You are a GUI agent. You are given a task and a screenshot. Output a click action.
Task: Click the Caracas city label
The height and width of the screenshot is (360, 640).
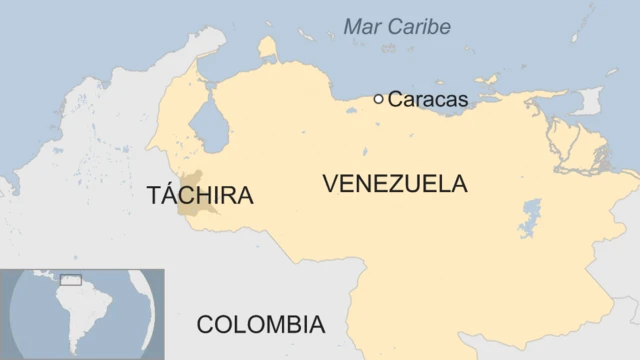click(427, 99)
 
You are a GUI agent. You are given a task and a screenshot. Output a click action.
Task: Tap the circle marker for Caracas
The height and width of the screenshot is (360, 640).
click(378, 99)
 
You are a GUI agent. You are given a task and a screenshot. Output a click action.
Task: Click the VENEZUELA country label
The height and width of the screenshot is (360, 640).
click(395, 184)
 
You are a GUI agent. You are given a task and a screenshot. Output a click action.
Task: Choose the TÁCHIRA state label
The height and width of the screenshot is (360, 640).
click(200, 196)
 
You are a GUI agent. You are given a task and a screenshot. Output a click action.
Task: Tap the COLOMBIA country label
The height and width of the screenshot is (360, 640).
click(260, 324)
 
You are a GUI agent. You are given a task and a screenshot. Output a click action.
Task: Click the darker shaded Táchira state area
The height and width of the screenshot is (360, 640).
click(189, 207)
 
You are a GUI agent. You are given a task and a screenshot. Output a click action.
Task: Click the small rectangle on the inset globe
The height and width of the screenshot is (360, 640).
click(70, 280)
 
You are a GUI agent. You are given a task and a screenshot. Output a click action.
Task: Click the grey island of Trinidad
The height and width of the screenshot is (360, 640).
click(589, 101)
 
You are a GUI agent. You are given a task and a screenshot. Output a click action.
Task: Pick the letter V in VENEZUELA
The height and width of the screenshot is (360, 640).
click(330, 184)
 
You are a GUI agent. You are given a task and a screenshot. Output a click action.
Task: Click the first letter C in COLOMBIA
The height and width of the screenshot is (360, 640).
click(205, 324)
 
